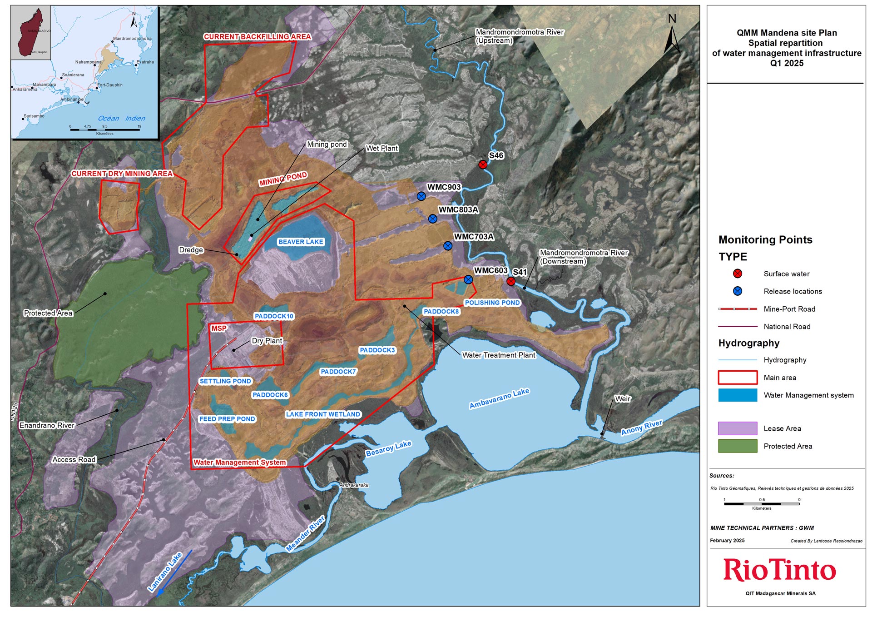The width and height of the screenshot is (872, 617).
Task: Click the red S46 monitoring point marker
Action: pyautogui.click(x=483, y=164)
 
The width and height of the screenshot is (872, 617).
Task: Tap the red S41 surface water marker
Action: pyautogui.click(x=510, y=281)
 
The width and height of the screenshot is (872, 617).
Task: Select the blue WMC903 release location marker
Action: pyautogui.click(x=421, y=196)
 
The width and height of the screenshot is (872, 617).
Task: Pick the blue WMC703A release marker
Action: pyautogui.click(x=448, y=246)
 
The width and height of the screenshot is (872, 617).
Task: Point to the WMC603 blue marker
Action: pyautogui.click(x=468, y=279)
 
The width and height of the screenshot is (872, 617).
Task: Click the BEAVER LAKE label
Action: pyautogui.click(x=301, y=242)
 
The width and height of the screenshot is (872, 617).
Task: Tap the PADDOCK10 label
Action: pyautogui.click(x=274, y=316)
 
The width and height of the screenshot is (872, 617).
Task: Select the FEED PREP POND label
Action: pyautogui.click(x=227, y=419)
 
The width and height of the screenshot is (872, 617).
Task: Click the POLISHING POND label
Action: pyautogui.click(x=492, y=303)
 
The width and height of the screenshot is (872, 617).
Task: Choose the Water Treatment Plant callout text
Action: pyautogui.click(x=499, y=355)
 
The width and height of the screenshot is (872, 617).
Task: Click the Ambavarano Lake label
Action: pyautogui.click(x=499, y=398)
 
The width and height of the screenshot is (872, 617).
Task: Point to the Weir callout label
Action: pyautogui.click(x=623, y=399)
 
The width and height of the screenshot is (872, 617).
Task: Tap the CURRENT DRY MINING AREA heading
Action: pyautogui.click(x=122, y=174)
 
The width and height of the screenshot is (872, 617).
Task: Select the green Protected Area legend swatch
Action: pyautogui.click(x=738, y=446)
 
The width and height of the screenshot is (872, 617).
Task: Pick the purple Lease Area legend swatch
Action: pyautogui.click(x=738, y=428)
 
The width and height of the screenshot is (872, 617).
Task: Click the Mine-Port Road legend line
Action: pyautogui.click(x=738, y=309)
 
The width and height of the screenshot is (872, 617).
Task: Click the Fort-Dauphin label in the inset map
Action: pyautogui.click(x=110, y=85)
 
